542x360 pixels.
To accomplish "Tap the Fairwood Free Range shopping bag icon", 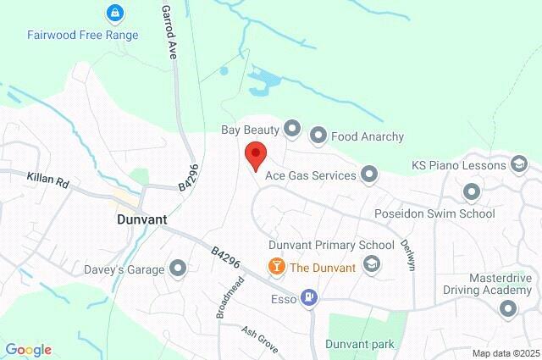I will (x=113, y=14).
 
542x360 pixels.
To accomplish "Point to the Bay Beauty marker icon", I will (x=292, y=129).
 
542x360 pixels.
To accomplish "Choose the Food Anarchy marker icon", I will (x=318, y=135).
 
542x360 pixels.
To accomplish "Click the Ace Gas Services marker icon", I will (x=368, y=175).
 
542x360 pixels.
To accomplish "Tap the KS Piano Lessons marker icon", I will (x=520, y=164).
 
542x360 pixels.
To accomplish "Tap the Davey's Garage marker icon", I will (x=178, y=269).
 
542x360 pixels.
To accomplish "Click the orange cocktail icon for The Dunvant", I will (x=275, y=267).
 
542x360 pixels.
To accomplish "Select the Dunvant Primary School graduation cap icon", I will (x=371, y=265).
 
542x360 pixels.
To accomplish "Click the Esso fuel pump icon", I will (x=310, y=297).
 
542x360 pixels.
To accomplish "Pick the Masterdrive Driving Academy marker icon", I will (x=507, y=310).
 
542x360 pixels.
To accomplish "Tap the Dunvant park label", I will (x=360, y=345).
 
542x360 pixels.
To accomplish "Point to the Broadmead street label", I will (x=229, y=296).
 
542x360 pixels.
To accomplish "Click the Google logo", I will (x=28, y=350).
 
